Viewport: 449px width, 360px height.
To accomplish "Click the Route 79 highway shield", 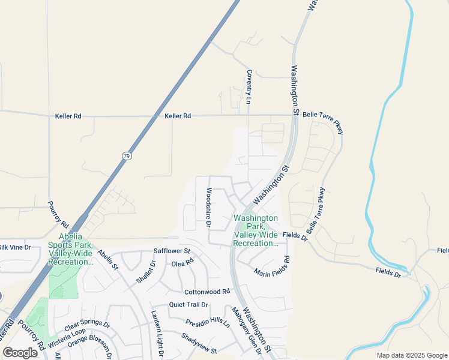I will pos(127,156).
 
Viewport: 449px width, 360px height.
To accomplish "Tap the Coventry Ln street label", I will pos(249,87).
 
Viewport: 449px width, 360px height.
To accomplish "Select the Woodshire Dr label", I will pos(209,208).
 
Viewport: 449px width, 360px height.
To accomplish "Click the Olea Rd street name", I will pos(183,263).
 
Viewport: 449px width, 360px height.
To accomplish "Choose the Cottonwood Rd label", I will pos(207,292).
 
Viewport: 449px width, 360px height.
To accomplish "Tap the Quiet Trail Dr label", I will pos(188,304).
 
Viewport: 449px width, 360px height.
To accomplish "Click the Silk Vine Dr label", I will pos(14,247).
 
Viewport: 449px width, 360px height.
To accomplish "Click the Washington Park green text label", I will pos(255,230).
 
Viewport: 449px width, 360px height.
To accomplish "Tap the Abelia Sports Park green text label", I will pos(70,253).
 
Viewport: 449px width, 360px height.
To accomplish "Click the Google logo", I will pos(20,353).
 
